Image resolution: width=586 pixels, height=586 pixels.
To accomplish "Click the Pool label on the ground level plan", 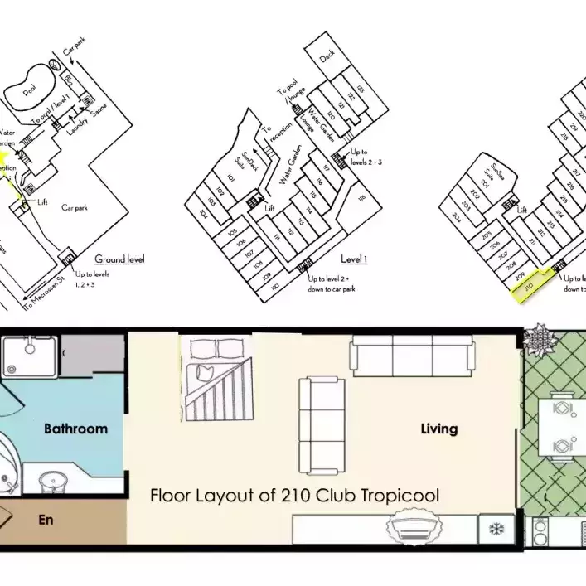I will pyautogui.click(x=30, y=94).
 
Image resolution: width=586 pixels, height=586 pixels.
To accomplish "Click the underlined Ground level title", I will pyautogui.click(x=119, y=259).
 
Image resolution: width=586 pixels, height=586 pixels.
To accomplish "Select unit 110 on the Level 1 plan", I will pyautogui.click(x=274, y=284).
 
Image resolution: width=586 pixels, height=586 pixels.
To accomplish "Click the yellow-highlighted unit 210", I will pyautogui.click(x=529, y=284).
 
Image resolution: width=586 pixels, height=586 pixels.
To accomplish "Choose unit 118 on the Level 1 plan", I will pyautogui.click(x=361, y=200).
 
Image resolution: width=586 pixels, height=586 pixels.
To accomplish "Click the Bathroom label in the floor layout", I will pyautogui.click(x=75, y=429).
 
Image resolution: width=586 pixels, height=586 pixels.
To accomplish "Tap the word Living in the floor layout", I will pyautogui.click(x=438, y=429).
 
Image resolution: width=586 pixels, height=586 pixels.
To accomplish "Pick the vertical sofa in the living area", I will pyautogui.click(x=317, y=409).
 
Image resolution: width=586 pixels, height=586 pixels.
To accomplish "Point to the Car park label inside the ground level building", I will pyautogui.click(x=75, y=207).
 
